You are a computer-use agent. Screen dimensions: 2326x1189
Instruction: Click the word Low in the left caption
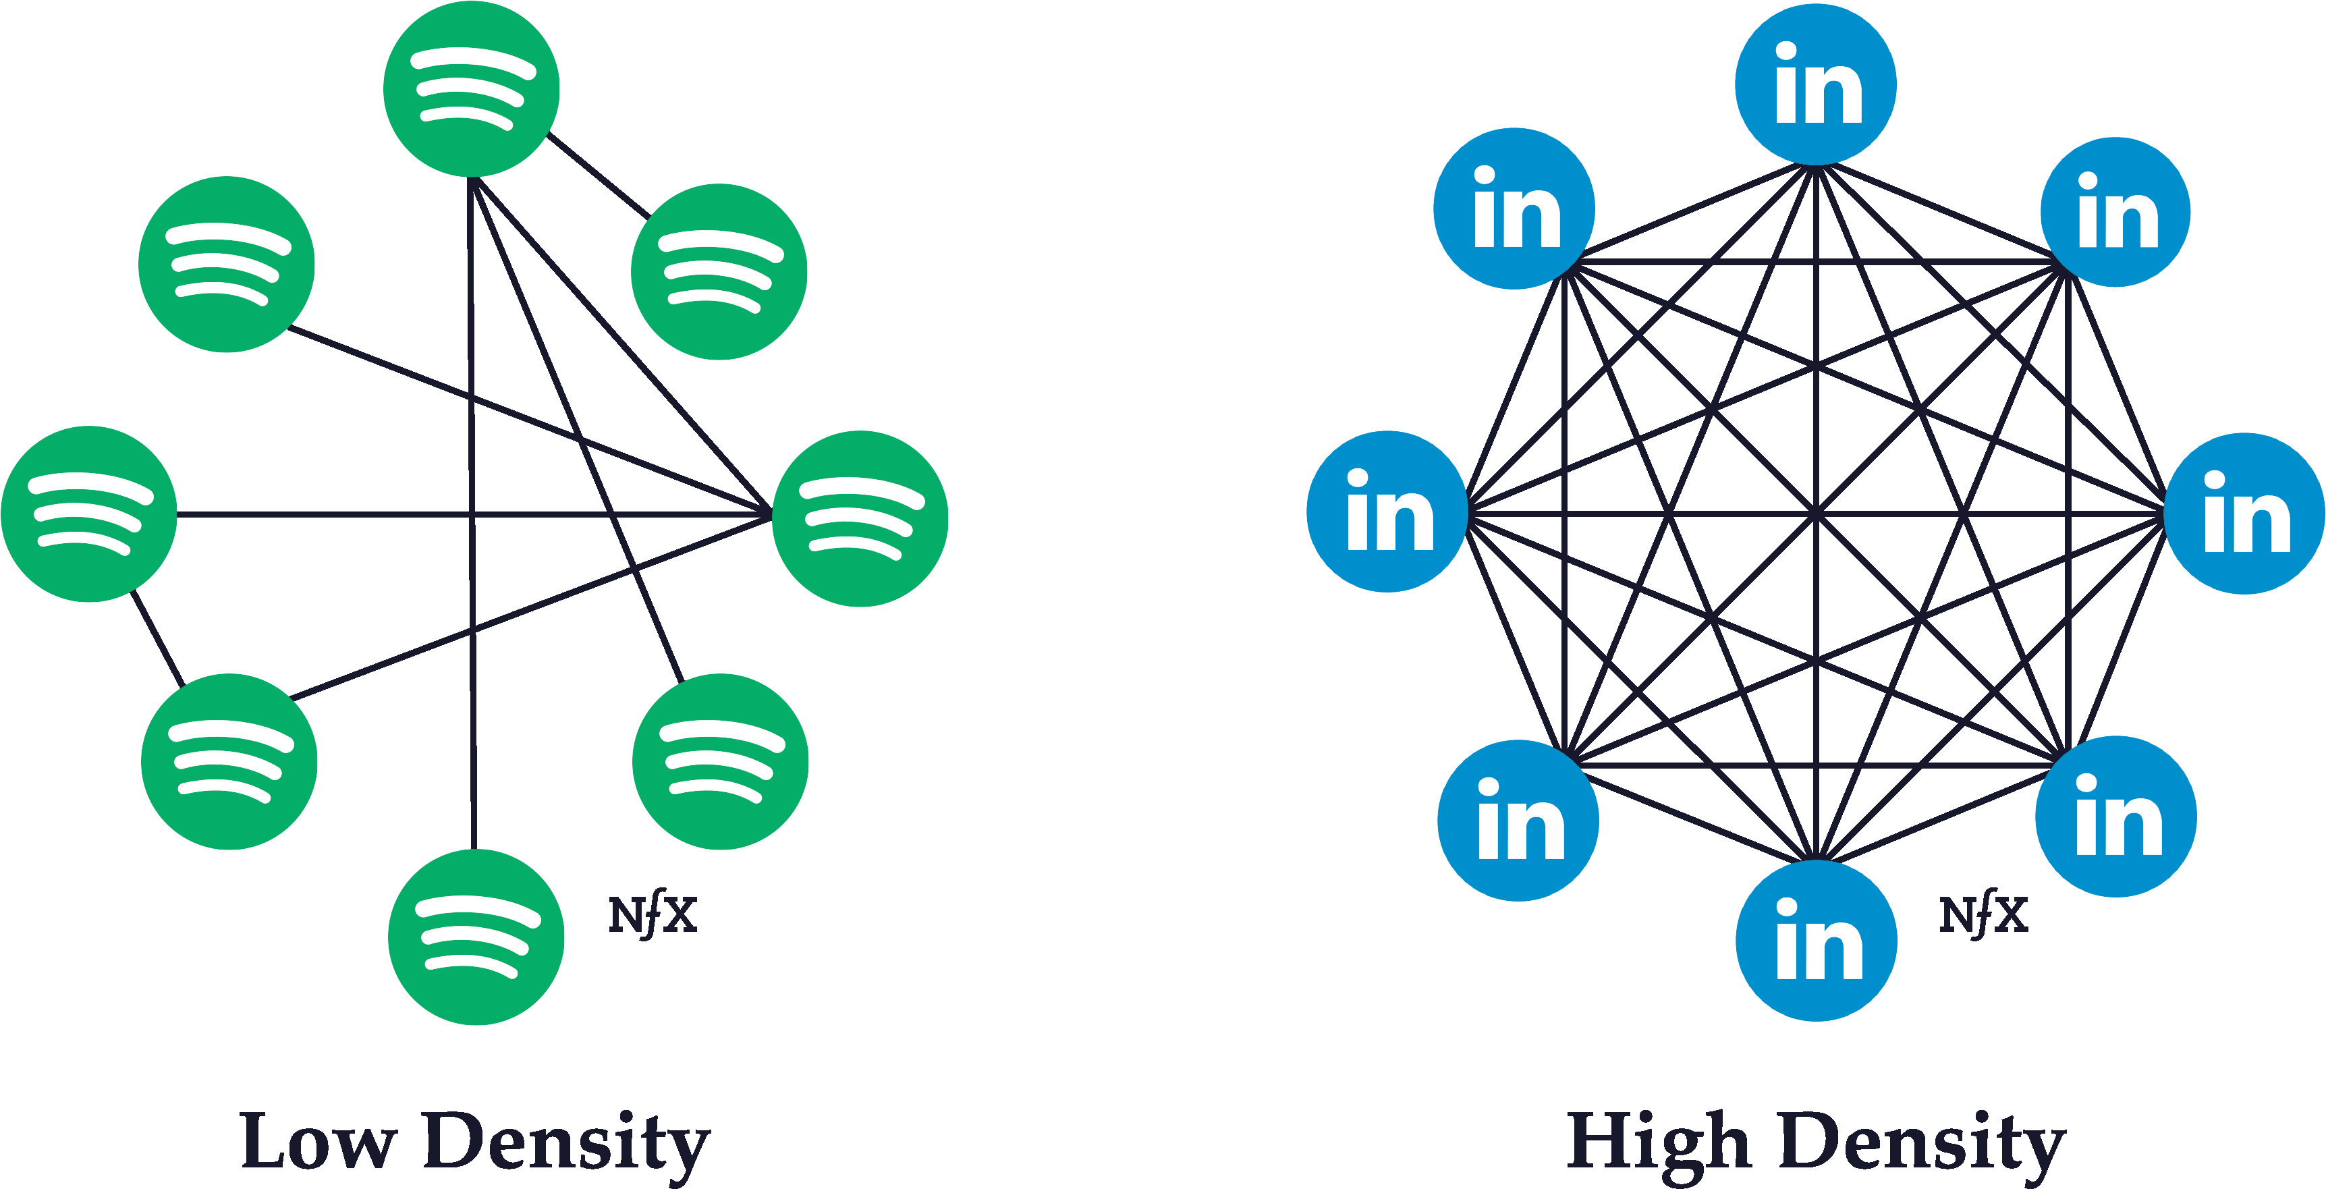tap(319, 1141)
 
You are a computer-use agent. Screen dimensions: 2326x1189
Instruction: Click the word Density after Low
tap(567, 1144)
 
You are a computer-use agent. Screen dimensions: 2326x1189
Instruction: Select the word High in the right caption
tap(1659, 1144)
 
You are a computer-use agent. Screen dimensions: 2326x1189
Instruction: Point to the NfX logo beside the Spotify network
tap(653, 914)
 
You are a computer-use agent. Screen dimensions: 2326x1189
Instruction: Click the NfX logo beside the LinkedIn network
tap(1984, 914)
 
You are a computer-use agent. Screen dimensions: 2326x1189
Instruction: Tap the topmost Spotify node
tap(471, 89)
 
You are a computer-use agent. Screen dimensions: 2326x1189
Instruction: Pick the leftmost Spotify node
tap(89, 514)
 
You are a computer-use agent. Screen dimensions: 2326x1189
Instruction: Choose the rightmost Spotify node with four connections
tap(860, 518)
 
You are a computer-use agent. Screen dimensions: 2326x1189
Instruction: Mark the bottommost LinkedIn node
tap(1817, 941)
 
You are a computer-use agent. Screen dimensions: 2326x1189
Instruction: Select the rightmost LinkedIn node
tap(2245, 514)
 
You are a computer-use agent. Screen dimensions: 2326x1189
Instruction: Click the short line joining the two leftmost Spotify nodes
tap(158, 638)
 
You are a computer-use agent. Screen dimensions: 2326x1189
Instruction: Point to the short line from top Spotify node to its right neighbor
tap(598, 176)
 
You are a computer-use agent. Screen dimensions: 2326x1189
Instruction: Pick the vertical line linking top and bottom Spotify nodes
tap(471, 513)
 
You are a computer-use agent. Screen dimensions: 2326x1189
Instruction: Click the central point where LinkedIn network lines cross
tap(1816, 514)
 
